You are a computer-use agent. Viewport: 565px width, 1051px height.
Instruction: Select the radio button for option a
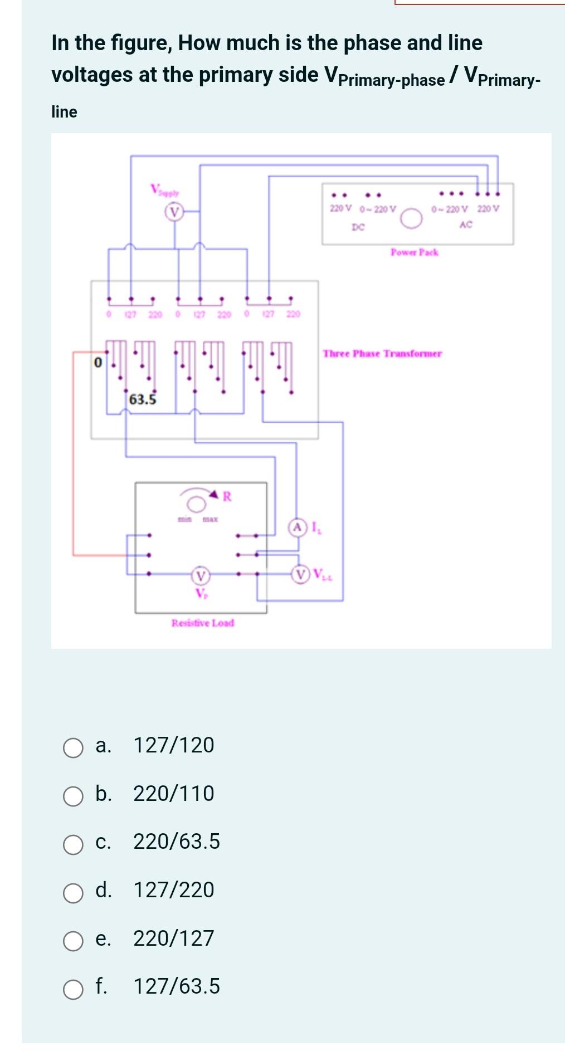coord(73,748)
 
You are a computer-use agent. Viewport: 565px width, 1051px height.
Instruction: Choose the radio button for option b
coord(73,796)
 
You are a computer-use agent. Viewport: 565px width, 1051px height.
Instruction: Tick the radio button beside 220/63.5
coord(73,844)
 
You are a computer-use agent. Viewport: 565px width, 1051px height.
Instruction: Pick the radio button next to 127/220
coord(73,893)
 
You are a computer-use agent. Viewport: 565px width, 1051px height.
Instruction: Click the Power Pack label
coord(414,252)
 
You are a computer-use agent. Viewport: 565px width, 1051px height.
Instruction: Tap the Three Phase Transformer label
coord(382,354)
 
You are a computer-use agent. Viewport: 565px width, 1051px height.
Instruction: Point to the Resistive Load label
coord(203,623)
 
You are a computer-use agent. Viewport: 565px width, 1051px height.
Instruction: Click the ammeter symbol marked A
coord(298,527)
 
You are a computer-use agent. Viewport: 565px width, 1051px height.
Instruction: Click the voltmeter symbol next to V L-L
coord(301,574)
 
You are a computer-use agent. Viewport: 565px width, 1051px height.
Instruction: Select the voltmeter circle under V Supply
coord(174,212)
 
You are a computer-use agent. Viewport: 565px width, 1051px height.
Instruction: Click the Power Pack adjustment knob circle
coord(411,219)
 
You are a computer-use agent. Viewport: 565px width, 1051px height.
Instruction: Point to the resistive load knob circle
coord(196,504)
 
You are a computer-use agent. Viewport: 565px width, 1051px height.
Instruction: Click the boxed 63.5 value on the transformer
coord(143,399)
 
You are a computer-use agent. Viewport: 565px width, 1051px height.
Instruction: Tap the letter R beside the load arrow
coord(227,496)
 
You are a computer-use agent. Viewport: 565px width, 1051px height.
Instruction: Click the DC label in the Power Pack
coord(358,227)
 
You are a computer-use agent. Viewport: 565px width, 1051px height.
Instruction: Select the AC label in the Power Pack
coord(466,224)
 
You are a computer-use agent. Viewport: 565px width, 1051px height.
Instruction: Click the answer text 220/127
coord(173,938)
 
